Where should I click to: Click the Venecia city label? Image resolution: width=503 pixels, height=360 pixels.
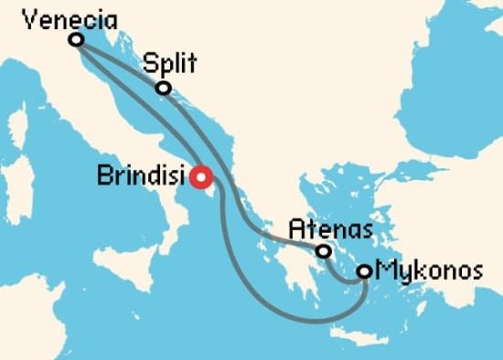coord(60,17)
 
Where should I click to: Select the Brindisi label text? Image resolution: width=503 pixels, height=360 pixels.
coord(140,175)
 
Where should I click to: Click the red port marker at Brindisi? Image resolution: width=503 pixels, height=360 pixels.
coord(199,175)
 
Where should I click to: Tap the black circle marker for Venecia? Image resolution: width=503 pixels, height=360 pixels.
coord(76,39)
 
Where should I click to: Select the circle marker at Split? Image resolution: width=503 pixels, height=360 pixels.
coord(163,88)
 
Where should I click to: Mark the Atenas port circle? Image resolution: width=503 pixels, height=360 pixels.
coord(323,250)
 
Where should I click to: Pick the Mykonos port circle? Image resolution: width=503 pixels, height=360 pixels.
coord(364,270)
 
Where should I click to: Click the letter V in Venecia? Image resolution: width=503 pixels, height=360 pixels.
coord(28,17)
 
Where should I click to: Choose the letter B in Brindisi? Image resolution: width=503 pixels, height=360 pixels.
coord(103,175)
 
